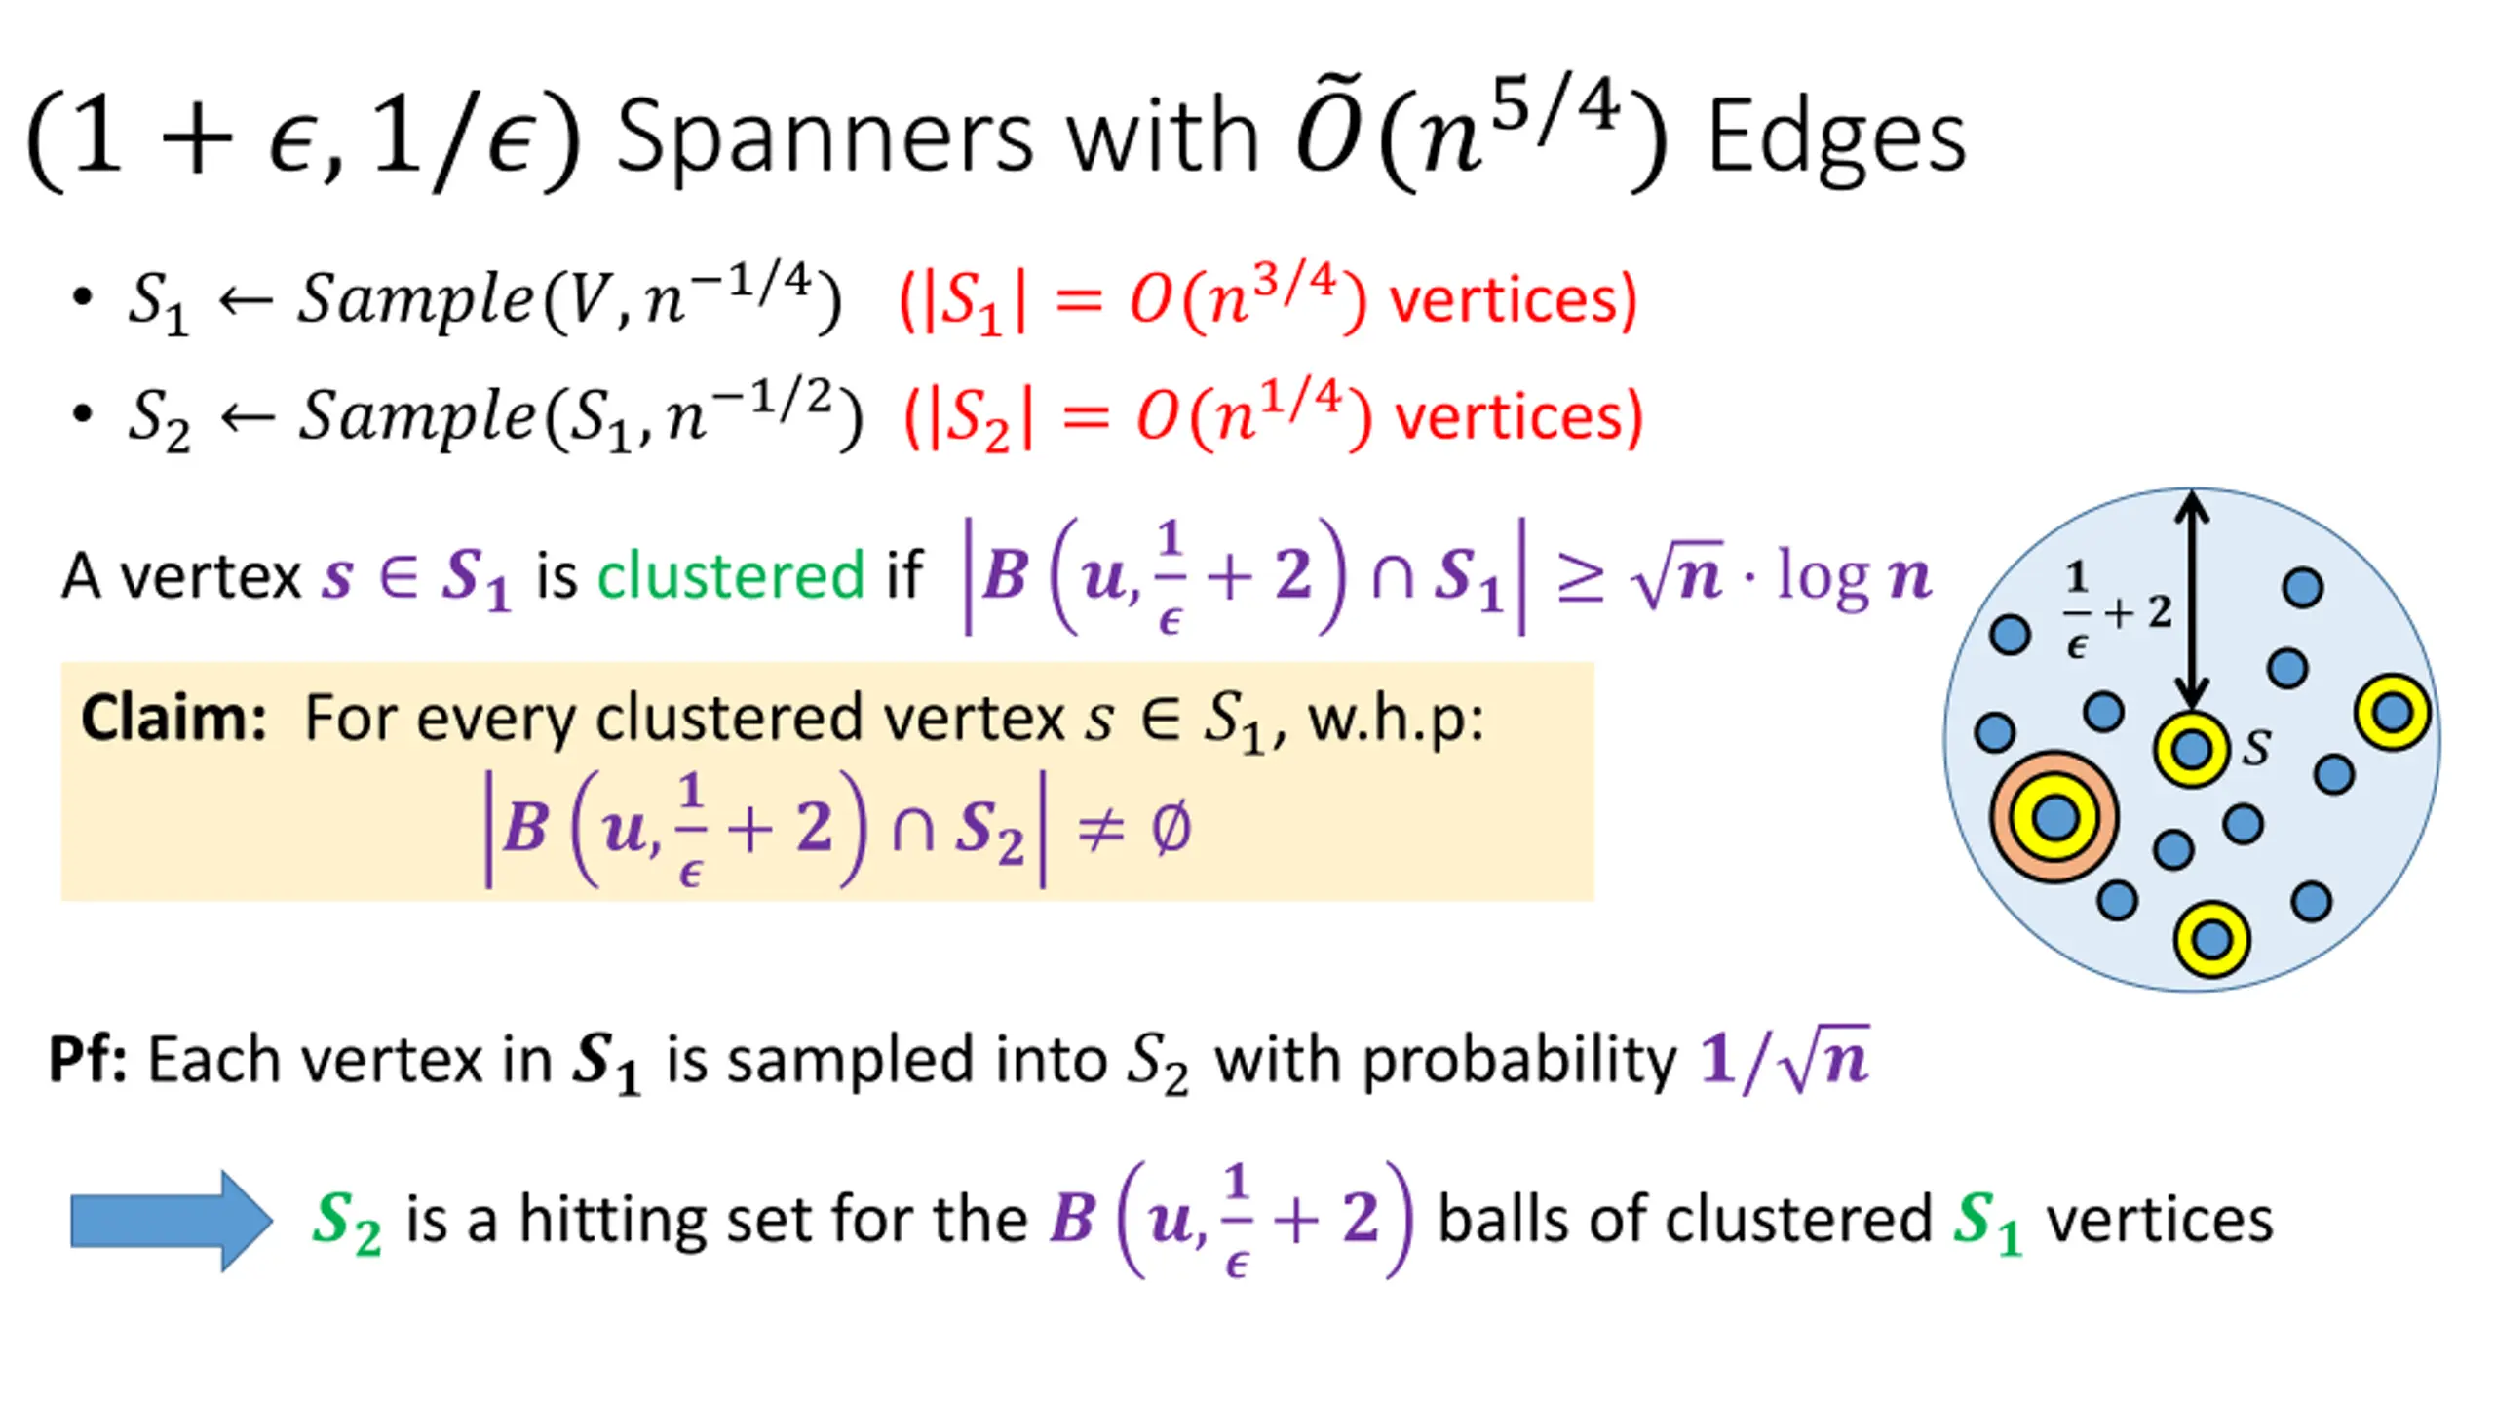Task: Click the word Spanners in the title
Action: pyautogui.click(x=824, y=138)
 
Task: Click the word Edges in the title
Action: pyautogui.click(x=1836, y=138)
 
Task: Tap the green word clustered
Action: pyautogui.click(x=730, y=575)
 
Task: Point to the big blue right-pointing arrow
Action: pyautogui.click(x=172, y=1221)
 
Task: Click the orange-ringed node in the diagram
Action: pyautogui.click(x=2054, y=817)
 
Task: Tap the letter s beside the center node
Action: pyautogui.click(x=2257, y=747)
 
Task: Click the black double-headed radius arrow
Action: pyautogui.click(x=2192, y=600)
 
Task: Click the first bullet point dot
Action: pyautogui.click(x=83, y=296)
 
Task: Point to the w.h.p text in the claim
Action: pyautogui.click(x=1396, y=720)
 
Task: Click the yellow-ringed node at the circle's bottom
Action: pyautogui.click(x=2211, y=940)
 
